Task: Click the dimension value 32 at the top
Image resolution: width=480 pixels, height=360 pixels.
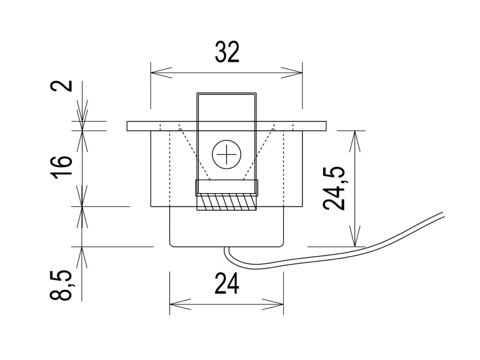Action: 227,52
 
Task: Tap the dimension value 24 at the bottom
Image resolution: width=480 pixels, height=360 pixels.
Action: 227,284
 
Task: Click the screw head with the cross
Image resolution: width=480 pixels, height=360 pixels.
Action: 226,154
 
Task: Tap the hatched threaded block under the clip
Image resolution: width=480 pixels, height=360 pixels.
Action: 226,203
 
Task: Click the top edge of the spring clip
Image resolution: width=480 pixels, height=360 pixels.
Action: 226,93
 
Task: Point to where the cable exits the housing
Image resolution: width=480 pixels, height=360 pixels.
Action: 226,248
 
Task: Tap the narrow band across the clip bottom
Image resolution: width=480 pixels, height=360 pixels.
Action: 226,187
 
